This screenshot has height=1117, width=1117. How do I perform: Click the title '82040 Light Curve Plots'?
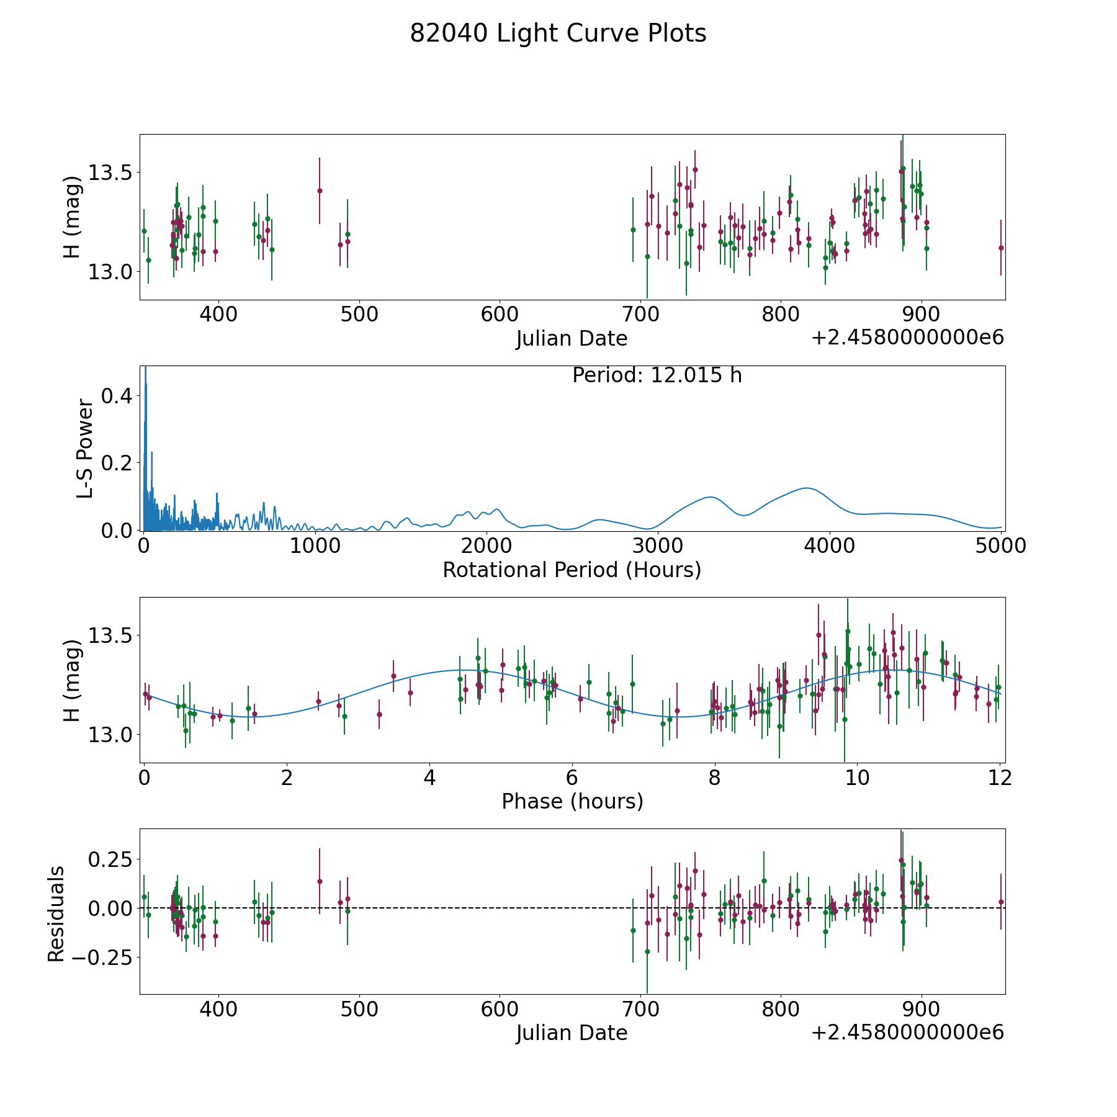[x=558, y=34]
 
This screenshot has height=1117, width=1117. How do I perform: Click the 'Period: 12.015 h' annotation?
[x=657, y=375]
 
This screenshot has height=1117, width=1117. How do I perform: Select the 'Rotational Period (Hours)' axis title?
[x=572, y=570]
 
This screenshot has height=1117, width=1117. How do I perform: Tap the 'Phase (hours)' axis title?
[x=572, y=801]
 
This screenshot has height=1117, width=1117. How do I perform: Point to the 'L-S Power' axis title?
[x=85, y=449]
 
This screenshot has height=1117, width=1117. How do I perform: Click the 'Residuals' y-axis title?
[x=56, y=914]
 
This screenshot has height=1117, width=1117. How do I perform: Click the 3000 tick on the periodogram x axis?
[x=657, y=547]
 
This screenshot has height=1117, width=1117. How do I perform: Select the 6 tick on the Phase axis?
[x=572, y=778]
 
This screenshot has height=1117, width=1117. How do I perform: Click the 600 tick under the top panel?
[x=500, y=315]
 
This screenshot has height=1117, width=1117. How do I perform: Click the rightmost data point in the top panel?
[x=1001, y=248]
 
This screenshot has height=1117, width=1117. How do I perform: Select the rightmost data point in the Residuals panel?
[x=1001, y=902]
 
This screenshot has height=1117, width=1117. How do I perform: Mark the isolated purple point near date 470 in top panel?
[x=320, y=191]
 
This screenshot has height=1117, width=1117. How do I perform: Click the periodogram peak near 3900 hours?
[x=807, y=488]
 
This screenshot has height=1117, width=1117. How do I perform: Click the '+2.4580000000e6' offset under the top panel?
[x=907, y=338]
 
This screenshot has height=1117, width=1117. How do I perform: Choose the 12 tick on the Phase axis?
[x=1000, y=778]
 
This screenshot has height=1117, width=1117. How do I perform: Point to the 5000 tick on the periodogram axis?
[x=1000, y=547]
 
